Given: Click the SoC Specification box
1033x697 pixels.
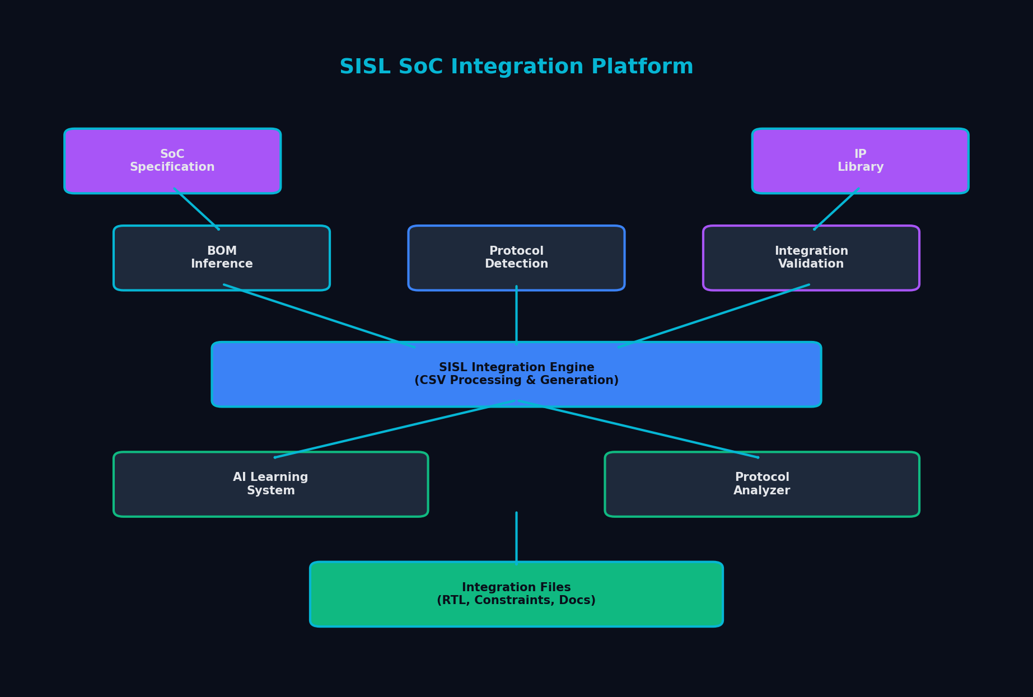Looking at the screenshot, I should pyautogui.click(x=172, y=161).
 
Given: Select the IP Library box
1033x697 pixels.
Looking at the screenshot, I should pyautogui.click(x=860, y=161).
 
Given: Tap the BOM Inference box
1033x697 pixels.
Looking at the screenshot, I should pyautogui.click(x=222, y=258).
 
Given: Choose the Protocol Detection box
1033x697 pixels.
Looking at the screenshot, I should pyautogui.click(x=516, y=258).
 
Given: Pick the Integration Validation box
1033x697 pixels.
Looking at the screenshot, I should pyautogui.click(x=811, y=258).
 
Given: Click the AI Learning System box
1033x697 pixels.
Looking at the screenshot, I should pyautogui.click(x=270, y=484).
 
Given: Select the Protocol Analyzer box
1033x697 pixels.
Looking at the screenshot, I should pyautogui.click(x=761, y=484).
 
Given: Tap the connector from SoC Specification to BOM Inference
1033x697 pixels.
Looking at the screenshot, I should pyautogui.click(x=197, y=209).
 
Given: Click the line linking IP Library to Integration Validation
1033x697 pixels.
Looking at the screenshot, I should pyautogui.click(x=836, y=209).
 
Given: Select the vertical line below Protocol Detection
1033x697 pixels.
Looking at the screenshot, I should pyautogui.click(x=516, y=315).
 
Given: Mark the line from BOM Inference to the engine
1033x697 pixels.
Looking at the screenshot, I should pyautogui.click(x=319, y=316).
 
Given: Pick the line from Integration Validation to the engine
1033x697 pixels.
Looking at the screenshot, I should pyautogui.click(x=714, y=316).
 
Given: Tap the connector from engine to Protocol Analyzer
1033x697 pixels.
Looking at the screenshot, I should pyautogui.click(x=638, y=429).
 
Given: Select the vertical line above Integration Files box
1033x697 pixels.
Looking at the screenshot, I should pyautogui.click(x=516, y=537).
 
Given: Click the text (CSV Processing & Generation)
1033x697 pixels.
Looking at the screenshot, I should pyautogui.click(x=516, y=381).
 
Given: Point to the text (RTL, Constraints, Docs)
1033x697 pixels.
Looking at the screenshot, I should pyautogui.click(x=516, y=601).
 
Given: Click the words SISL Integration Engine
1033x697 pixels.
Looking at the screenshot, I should pyautogui.click(x=516, y=367).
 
